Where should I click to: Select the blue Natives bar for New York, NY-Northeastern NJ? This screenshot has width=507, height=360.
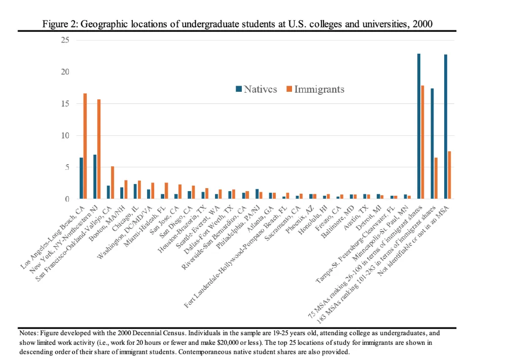click(x=95, y=177)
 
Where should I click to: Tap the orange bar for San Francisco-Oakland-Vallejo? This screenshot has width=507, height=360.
click(x=113, y=183)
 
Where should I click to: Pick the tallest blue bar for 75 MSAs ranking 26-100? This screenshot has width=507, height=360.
click(x=419, y=126)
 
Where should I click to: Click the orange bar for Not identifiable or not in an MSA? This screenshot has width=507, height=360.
click(x=450, y=175)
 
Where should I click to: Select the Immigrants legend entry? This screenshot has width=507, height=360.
click(x=315, y=89)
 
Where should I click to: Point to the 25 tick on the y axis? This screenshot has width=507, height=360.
click(x=65, y=40)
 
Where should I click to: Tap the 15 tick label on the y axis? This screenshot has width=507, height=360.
click(x=65, y=103)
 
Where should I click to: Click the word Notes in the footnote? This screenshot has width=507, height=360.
click(x=28, y=334)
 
